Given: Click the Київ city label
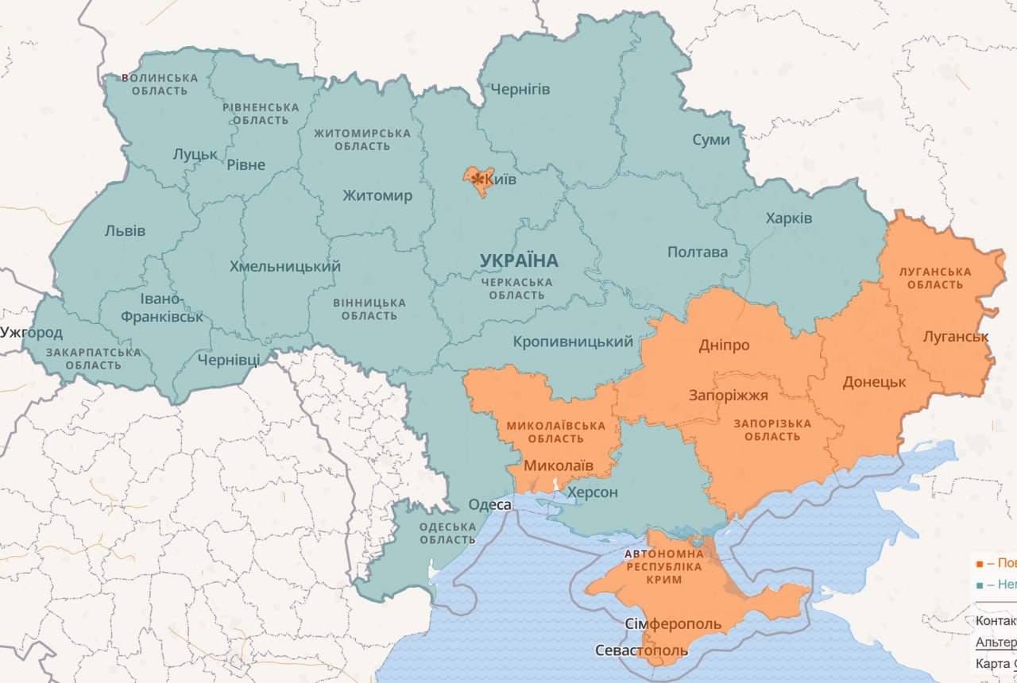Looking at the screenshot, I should tap(501, 180).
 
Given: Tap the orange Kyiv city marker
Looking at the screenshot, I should tap(478, 180).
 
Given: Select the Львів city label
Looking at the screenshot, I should tap(125, 231).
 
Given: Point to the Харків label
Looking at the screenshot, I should tap(788, 218).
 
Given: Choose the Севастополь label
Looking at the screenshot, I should tap(641, 651).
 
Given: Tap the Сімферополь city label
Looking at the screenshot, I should tap(673, 623).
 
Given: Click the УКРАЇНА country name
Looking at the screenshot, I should tap(519, 260).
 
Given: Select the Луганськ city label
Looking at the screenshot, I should tap(955, 337).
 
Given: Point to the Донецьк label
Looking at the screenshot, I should tap(874, 382).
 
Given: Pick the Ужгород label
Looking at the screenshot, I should tap(31, 332).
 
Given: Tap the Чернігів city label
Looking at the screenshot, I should tap(520, 89).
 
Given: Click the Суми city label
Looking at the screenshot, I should tap(710, 140).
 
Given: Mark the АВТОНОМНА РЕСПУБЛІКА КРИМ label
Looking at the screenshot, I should tap(664, 566).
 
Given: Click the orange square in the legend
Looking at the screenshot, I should tap(980, 563).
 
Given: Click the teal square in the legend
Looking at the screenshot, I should tap(980, 585).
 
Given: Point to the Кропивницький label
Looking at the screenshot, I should tap(573, 342).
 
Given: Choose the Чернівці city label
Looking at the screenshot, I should tap(228, 360).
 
